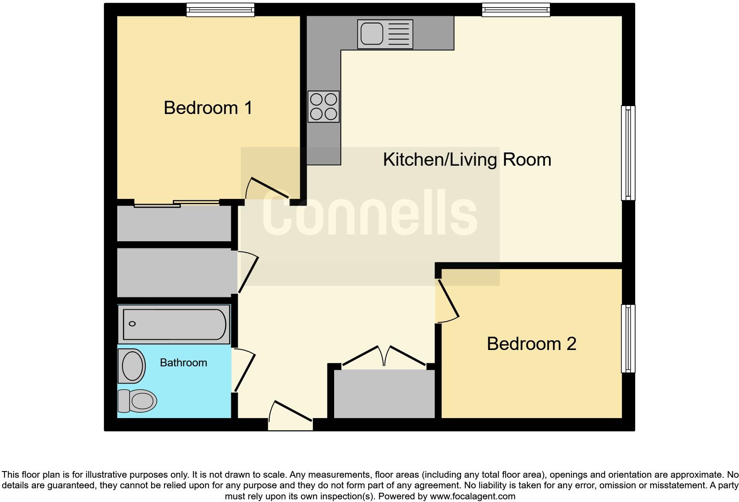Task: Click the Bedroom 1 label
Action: click(208, 108)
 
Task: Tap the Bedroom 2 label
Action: click(531, 344)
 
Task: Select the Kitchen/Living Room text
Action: click(467, 160)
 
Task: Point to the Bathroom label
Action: click(183, 363)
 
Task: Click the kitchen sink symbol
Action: click(385, 34)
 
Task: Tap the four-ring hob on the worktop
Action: click(324, 106)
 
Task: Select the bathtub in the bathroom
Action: click(174, 324)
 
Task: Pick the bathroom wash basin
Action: click(132, 366)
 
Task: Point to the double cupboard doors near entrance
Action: click(384, 356)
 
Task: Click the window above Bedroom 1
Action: click(220, 10)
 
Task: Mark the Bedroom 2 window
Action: click(628, 338)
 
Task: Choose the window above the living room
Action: click(516, 10)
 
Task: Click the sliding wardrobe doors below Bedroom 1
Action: click(177, 204)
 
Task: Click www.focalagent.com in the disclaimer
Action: click(472, 496)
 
